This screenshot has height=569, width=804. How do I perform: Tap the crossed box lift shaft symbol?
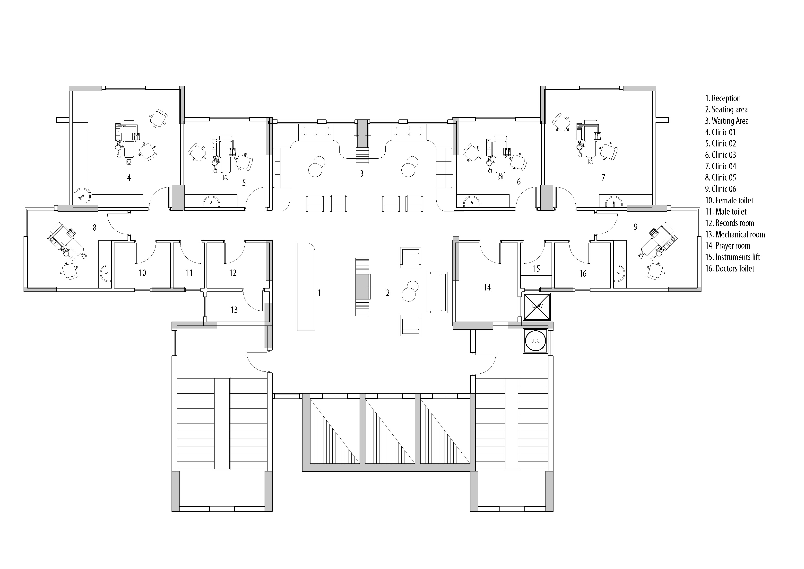tap(537, 307)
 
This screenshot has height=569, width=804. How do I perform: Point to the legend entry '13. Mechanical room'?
tap(735, 235)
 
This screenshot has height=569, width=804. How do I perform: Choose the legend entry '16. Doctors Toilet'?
tap(729, 269)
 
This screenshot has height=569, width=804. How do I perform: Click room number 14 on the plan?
tap(487, 288)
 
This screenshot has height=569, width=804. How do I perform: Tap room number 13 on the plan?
tap(234, 310)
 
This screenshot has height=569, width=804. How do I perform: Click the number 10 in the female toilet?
tap(142, 273)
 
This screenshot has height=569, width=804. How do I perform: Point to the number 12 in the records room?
tap(233, 273)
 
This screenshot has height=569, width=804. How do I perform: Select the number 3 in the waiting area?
tap(362, 173)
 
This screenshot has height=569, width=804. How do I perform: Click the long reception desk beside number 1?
tap(306, 286)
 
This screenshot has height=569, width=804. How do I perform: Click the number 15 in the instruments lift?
tap(536, 269)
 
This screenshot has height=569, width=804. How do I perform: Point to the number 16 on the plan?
tap(582, 273)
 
